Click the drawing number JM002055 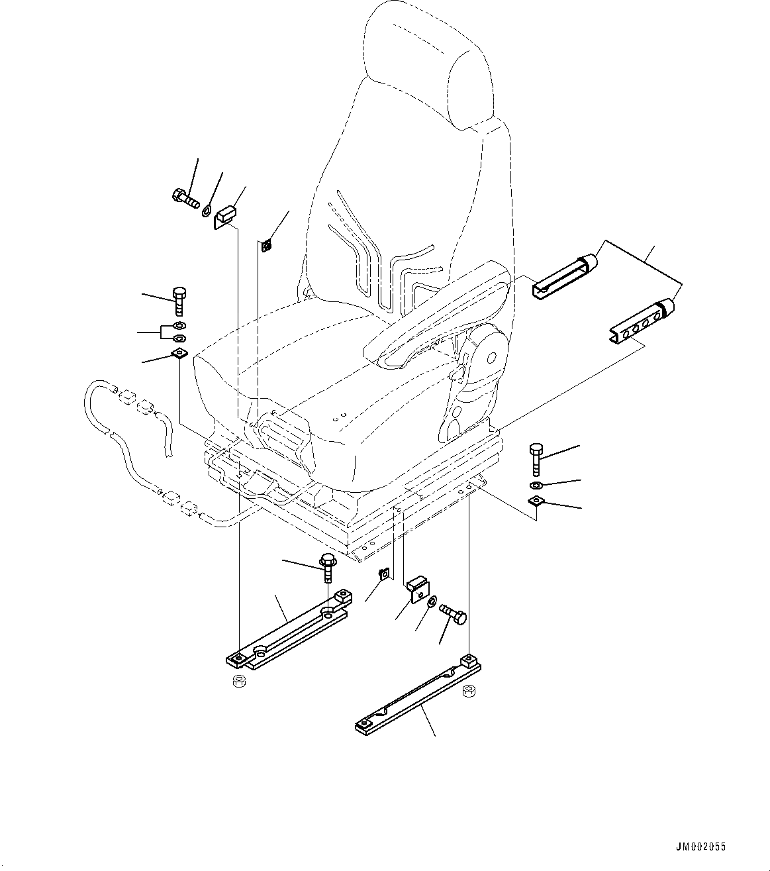coord(700,846)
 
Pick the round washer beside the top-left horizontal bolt coord(207,211)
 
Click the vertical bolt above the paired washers coord(179,301)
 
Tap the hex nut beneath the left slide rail coord(239,682)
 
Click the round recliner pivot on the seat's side coord(490,358)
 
